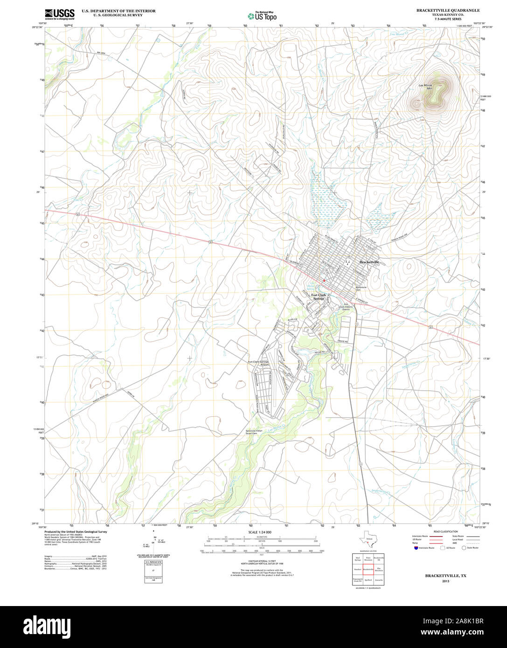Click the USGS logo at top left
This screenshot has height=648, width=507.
59,14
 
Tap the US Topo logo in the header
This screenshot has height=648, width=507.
262,16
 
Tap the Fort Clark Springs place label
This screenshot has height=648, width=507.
319,296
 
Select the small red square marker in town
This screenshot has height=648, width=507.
324,280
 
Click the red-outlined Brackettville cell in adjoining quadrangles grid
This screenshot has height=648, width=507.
368,569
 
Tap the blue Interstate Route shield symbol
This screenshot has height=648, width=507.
415,548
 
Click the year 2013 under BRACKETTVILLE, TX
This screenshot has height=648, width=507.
445,581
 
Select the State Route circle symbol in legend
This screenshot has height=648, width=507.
464,548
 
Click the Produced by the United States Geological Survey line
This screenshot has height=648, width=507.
76,531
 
